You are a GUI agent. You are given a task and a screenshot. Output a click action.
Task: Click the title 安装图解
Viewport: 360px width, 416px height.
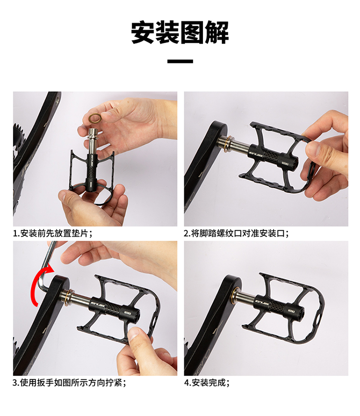(x=180, y=32)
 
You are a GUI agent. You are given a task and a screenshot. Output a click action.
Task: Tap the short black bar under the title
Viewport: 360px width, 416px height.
(x=180, y=61)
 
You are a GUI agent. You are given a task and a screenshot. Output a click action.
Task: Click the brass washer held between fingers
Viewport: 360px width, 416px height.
(x=96, y=118)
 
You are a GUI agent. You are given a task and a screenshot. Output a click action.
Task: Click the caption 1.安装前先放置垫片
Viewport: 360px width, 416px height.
(x=53, y=233)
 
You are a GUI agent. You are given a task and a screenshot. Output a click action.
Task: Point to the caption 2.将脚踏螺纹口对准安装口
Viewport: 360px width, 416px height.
(x=236, y=233)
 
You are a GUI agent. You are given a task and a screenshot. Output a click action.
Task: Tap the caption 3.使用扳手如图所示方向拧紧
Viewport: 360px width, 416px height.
(x=69, y=382)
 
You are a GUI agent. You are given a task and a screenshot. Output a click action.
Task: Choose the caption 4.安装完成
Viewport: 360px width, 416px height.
(x=207, y=382)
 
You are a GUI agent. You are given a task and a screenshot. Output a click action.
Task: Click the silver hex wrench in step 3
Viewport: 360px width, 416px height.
(x=47, y=265)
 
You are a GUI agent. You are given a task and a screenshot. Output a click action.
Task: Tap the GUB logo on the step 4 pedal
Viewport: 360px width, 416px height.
(x=262, y=302)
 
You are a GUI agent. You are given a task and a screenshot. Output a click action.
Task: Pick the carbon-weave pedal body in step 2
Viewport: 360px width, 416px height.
(x=269, y=156)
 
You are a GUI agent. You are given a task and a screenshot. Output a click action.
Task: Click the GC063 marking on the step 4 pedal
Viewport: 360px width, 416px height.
(x=291, y=310)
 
